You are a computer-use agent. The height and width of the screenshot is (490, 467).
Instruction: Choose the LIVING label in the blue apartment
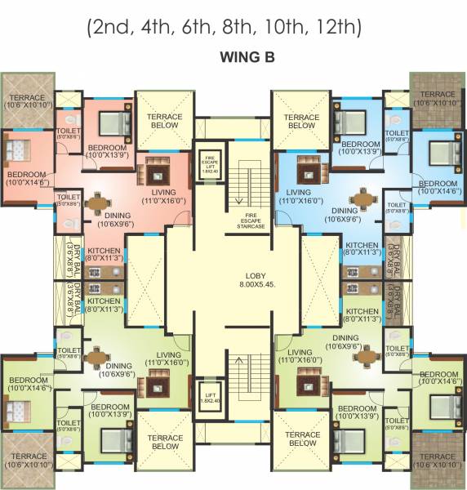coord(296,194)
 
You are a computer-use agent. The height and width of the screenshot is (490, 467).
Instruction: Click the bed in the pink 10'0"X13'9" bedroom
coord(110,123)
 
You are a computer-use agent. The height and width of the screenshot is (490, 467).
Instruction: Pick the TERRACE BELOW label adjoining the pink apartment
coord(164,122)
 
